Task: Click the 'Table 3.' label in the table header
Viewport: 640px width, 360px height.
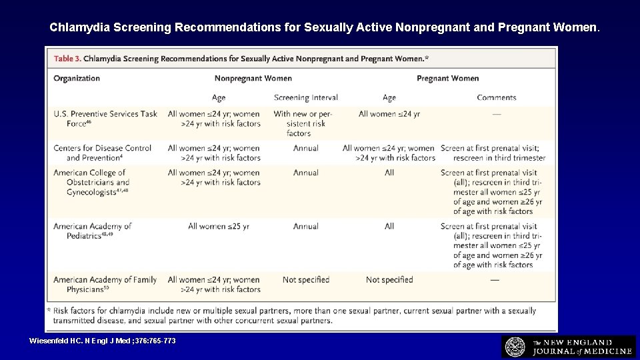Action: (67, 59)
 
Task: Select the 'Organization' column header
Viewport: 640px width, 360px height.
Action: (77, 78)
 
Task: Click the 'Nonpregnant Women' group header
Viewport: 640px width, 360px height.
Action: (253, 78)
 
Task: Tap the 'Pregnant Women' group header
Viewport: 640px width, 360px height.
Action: (447, 78)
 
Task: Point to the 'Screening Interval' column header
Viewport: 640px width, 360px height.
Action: (305, 98)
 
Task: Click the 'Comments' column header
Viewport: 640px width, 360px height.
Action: (496, 98)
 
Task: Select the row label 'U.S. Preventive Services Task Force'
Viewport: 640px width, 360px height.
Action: (105, 119)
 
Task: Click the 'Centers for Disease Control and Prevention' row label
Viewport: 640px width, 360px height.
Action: (102, 153)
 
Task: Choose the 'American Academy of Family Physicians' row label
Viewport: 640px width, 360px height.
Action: (105, 285)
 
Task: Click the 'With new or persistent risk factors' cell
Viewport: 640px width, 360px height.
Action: (303, 123)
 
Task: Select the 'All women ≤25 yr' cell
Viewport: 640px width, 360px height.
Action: (219, 226)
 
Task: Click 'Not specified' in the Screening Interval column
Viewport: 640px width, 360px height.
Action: (306, 280)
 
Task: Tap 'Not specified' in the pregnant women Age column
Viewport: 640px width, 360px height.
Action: (389, 280)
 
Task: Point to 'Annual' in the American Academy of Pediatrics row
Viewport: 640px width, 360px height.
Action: (306, 226)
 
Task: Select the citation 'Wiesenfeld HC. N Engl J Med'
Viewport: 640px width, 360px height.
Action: (103, 341)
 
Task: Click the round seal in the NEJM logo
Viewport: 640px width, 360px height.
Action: (515, 347)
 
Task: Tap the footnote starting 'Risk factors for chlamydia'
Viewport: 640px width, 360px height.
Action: (293, 315)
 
